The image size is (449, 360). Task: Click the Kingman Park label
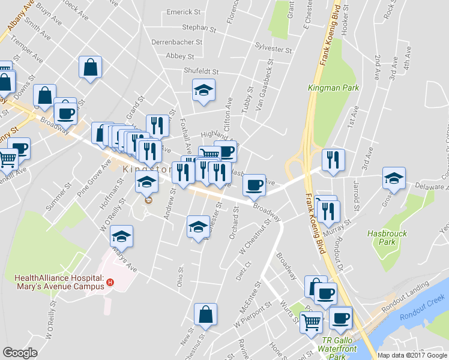(x=333, y=88)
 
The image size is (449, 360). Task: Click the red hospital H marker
(x=110, y=282)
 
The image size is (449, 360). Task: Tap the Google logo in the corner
(x=20, y=353)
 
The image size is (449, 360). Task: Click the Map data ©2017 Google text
(x=412, y=355)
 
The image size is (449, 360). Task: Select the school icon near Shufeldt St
(x=203, y=91)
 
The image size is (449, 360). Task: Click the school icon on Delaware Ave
(x=394, y=178)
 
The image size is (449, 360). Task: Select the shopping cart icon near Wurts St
(x=312, y=322)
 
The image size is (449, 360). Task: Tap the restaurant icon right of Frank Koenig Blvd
(x=333, y=160)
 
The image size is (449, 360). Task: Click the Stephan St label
(x=199, y=28)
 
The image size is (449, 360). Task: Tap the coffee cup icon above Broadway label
(x=255, y=184)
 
